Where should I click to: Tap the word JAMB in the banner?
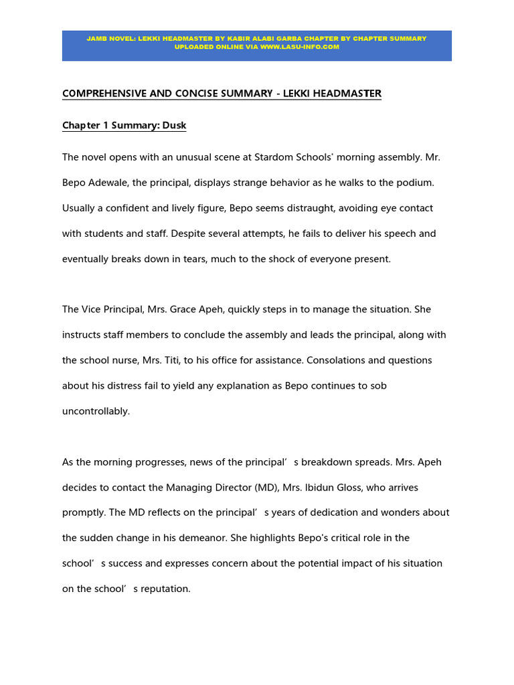(x=97, y=39)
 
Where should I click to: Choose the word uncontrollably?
(x=96, y=411)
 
